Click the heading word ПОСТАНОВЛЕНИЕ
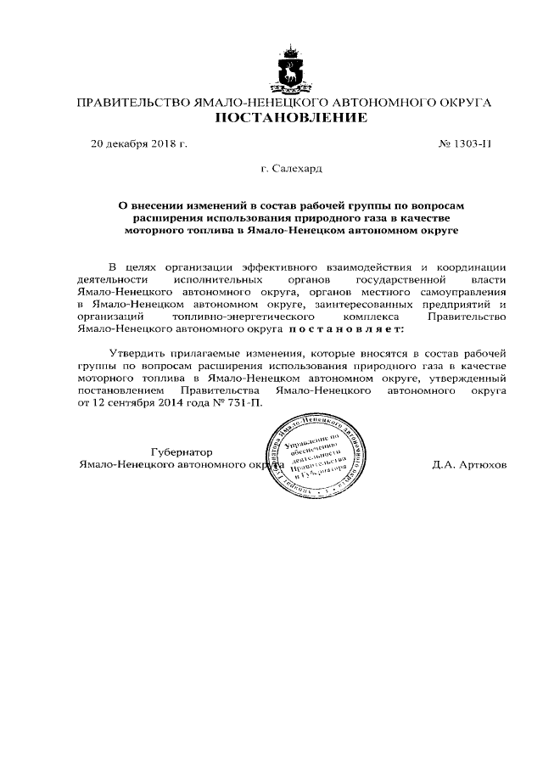coord(290,119)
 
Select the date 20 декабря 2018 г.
coord(138,143)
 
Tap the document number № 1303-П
coord(465,143)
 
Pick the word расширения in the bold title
coord(154,217)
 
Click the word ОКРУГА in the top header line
coord(468,102)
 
